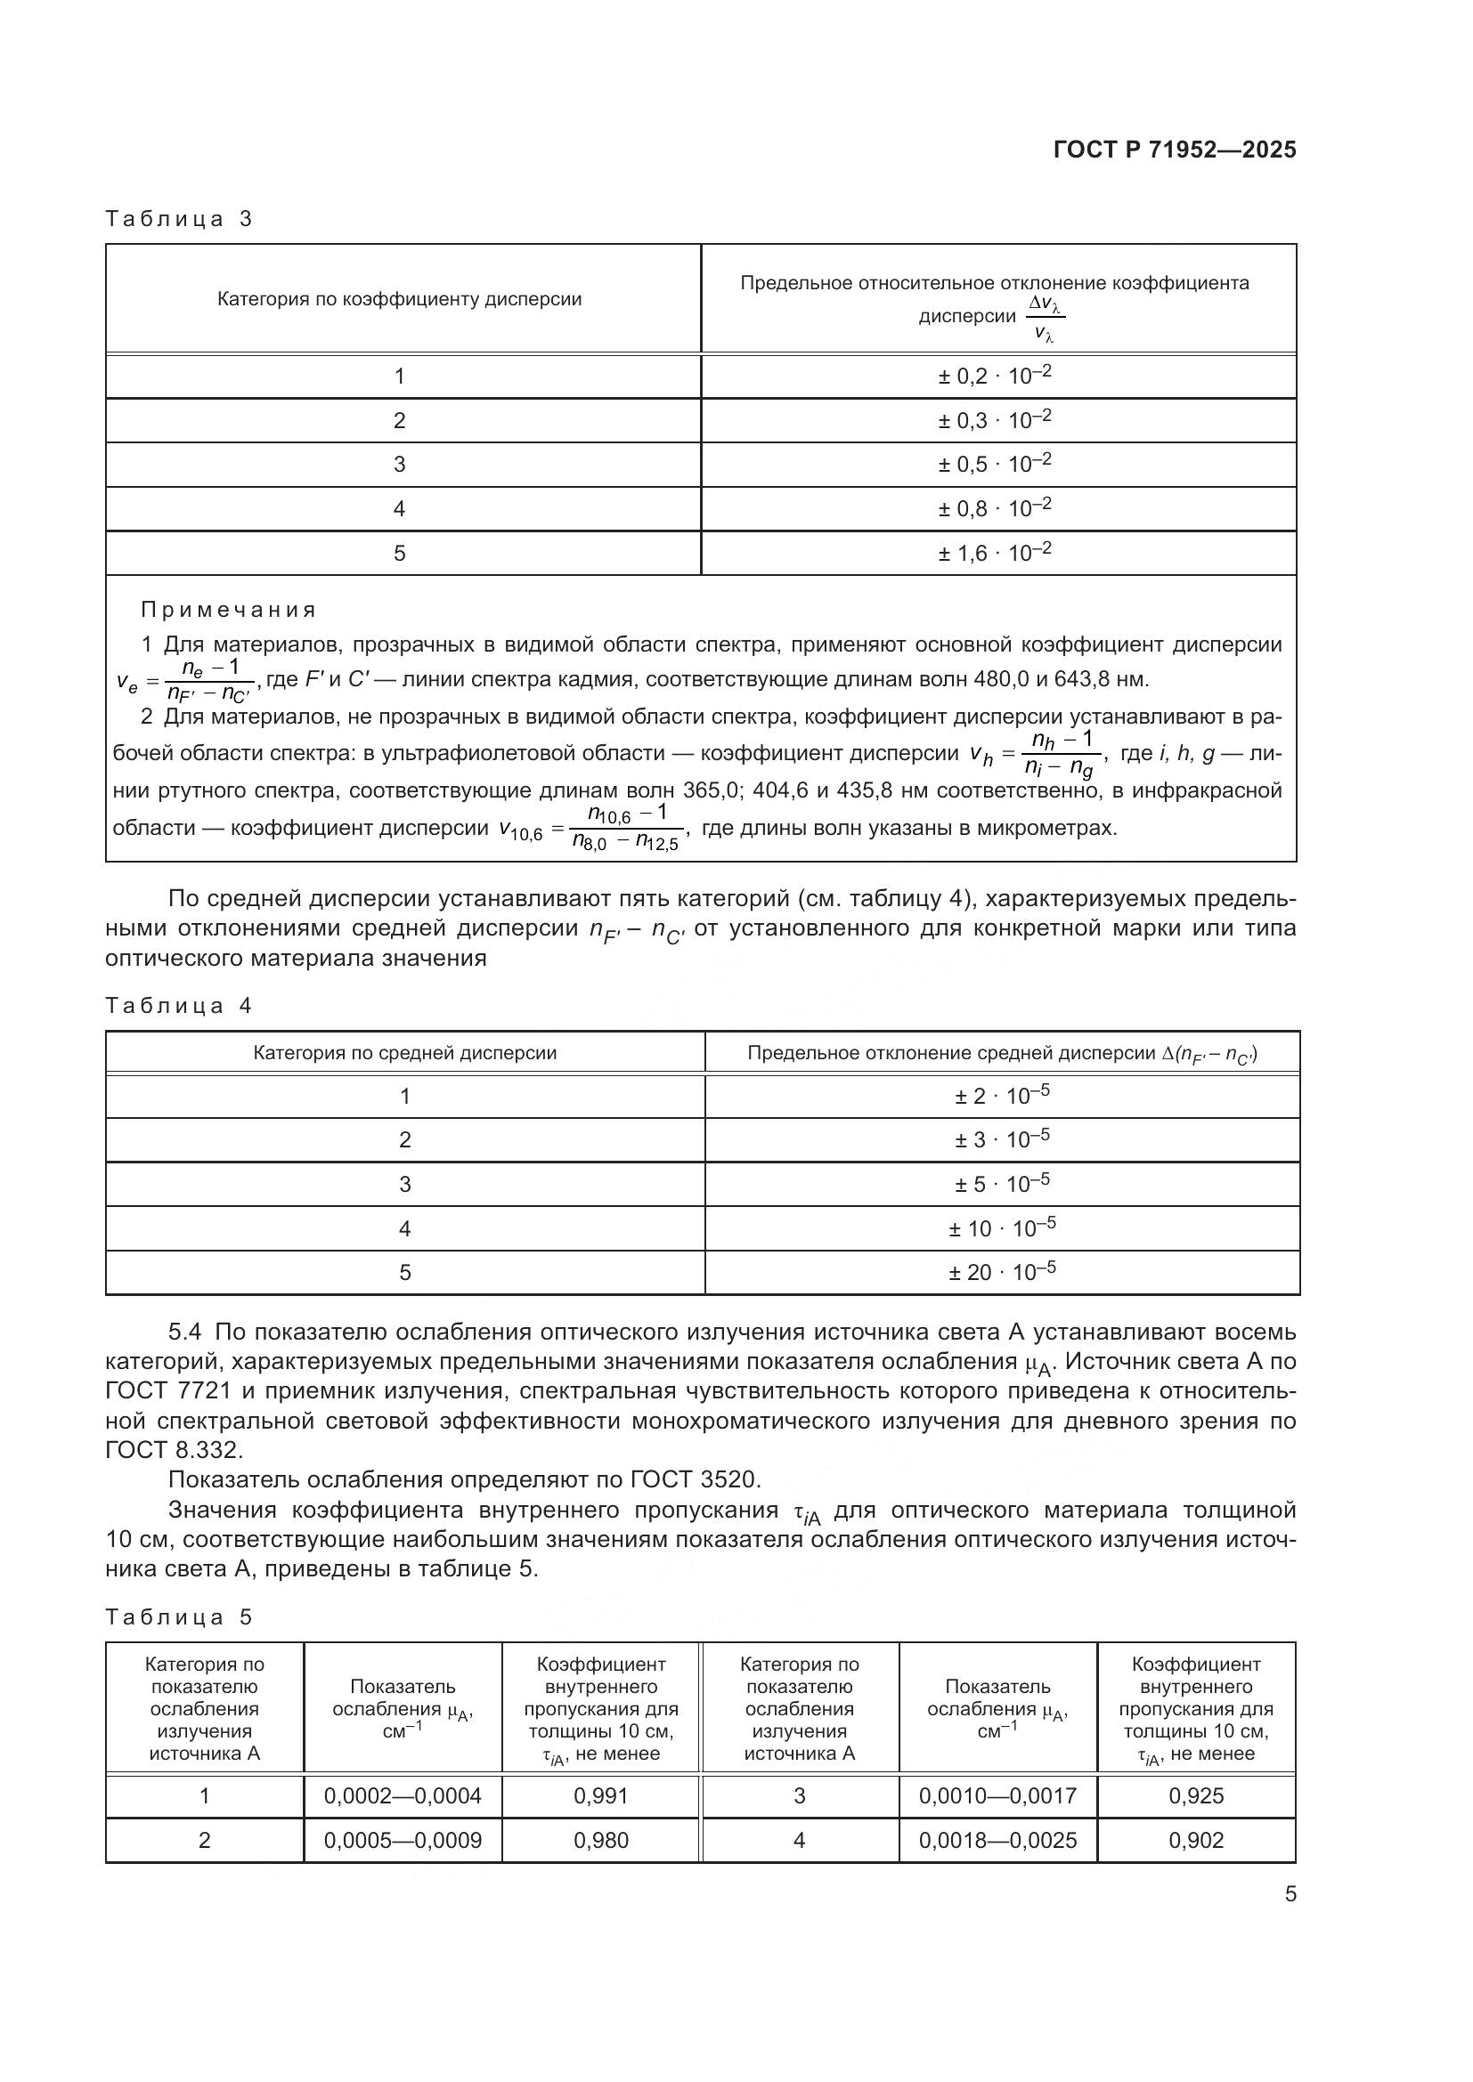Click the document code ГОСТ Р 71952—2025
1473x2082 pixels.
pyautogui.click(x=1175, y=150)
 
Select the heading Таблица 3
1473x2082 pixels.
pyautogui.click(x=179, y=219)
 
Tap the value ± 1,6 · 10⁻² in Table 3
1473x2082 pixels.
pyautogui.click(x=994, y=552)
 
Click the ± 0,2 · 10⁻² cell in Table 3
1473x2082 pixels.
pyautogui.click(x=994, y=376)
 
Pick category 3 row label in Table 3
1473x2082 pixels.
pyautogui.click(x=399, y=465)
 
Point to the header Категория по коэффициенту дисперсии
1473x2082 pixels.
pyautogui.click(x=399, y=299)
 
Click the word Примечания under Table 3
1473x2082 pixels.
pyautogui.click(x=229, y=610)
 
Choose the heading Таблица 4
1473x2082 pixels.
pyautogui.click(x=179, y=1006)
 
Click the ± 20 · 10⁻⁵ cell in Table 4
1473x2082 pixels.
pyautogui.click(x=1001, y=1272)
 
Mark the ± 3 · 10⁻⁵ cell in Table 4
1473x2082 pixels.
pyautogui.click(x=1001, y=1140)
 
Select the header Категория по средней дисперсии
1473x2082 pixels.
pyautogui.click(x=404, y=1053)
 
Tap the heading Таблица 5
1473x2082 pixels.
pyautogui.click(x=179, y=1616)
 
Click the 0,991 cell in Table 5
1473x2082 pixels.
pyautogui.click(x=600, y=1795)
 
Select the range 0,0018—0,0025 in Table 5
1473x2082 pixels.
pyautogui.click(x=997, y=1840)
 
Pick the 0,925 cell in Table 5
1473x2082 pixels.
pyautogui.click(x=1195, y=1795)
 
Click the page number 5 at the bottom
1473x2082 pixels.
pyautogui.click(x=1290, y=1894)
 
